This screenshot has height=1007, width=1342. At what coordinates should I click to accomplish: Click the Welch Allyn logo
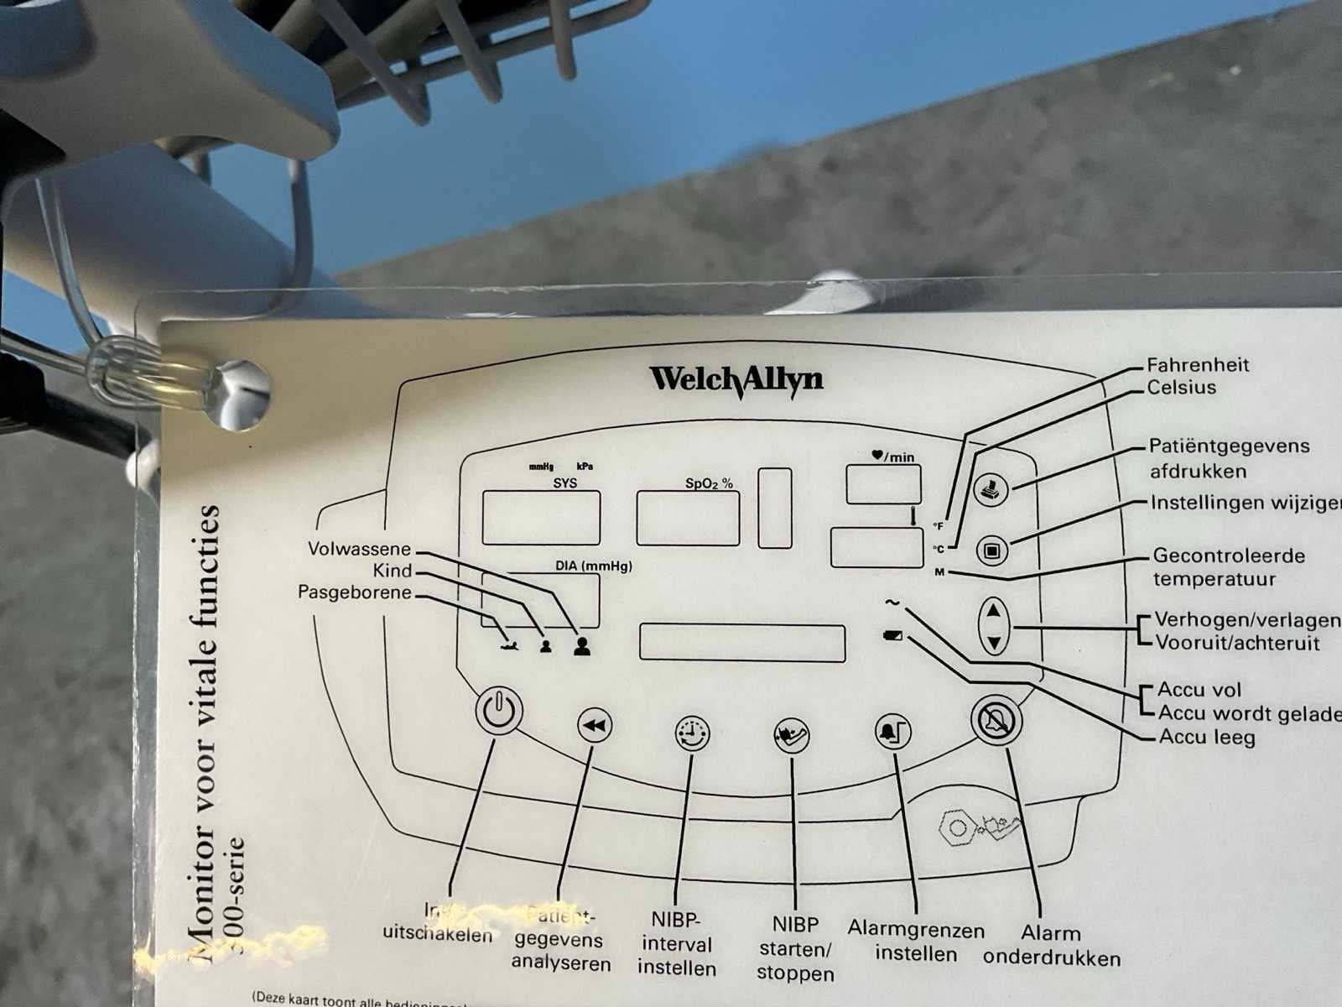[x=736, y=379]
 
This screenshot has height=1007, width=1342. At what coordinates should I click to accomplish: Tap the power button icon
[x=498, y=711]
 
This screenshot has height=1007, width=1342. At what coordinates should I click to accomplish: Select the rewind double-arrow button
[x=595, y=726]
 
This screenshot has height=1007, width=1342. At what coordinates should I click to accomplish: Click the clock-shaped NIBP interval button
[x=692, y=733]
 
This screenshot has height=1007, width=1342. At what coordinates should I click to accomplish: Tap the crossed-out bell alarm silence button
[x=997, y=720]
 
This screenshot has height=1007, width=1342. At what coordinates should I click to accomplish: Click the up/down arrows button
[x=994, y=626]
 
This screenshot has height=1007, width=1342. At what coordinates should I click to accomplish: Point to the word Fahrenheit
[x=1197, y=365]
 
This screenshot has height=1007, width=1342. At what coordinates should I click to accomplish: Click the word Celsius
[x=1181, y=388]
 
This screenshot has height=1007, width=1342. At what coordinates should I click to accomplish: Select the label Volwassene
[x=359, y=550]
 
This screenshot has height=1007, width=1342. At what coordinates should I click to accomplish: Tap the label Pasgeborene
[x=355, y=592]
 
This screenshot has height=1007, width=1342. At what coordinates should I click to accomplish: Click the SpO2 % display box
[x=688, y=518]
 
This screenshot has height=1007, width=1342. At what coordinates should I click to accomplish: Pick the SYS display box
[x=541, y=518]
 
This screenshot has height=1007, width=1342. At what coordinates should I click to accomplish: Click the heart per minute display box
[x=883, y=484]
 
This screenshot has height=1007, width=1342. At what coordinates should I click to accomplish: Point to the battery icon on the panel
[x=894, y=635]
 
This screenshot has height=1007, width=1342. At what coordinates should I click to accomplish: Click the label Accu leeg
[x=1206, y=738]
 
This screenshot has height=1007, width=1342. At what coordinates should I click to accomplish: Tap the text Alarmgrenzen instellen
[x=916, y=942]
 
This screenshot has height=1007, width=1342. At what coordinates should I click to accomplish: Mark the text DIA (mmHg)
[x=594, y=566]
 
